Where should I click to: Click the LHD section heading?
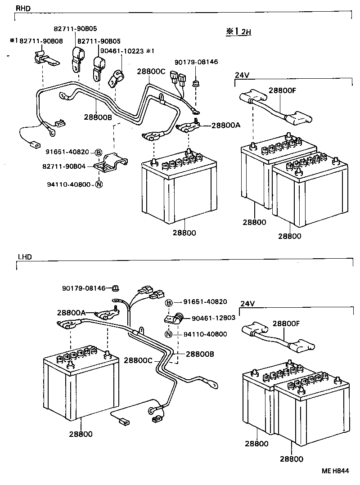pyautogui.click(x=24, y=257)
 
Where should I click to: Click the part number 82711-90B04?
pyautogui.click(x=65, y=166)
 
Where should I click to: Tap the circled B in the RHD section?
pyautogui.click(x=98, y=152)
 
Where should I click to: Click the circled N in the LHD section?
pyautogui.click(x=168, y=334)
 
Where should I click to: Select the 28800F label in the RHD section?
pyautogui.click(x=282, y=90)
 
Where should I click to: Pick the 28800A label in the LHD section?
pyautogui.click(x=71, y=312)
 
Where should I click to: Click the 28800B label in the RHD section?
pyautogui.click(x=98, y=117)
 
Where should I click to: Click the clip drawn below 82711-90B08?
pyautogui.click(x=42, y=58)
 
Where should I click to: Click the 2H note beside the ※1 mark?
pyautogui.click(x=245, y=32)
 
